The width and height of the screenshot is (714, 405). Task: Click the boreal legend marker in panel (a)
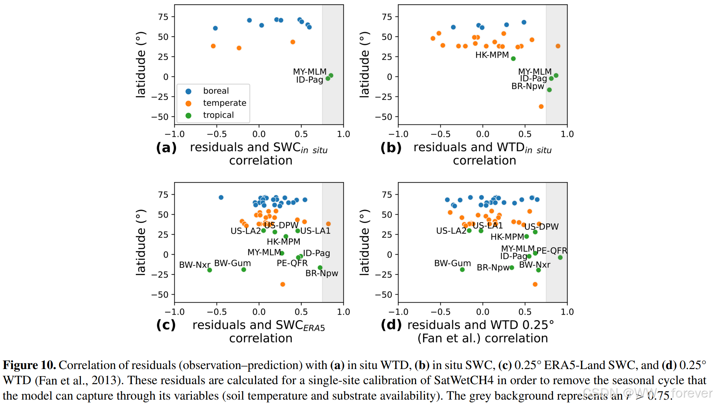(188, 91)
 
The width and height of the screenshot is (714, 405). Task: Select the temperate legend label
(225, 103)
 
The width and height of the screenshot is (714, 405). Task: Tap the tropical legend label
(218, 115)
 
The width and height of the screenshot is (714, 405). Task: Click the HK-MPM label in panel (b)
(492, 55)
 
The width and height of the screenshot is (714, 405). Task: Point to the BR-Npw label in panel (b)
(528, 86)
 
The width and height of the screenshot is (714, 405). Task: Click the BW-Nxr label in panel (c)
(194, 265)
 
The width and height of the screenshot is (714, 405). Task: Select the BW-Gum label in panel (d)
(452, 263)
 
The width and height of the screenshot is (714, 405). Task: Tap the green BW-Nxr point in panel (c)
(209, 270)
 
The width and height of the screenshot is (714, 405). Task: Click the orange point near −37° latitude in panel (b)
(541, 106)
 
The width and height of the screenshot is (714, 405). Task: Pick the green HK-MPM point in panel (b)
(513, 59)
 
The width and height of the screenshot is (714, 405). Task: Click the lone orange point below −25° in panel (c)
(283, 285)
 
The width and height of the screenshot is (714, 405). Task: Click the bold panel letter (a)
(166, 147)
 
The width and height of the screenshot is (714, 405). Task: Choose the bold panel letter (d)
(391, 325)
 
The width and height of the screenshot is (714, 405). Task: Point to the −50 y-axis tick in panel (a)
(160, 117)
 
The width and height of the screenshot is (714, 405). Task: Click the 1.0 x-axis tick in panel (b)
(567, 134)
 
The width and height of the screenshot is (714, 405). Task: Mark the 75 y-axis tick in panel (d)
(387, 195)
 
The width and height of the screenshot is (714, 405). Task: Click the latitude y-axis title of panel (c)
(141, 242)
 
